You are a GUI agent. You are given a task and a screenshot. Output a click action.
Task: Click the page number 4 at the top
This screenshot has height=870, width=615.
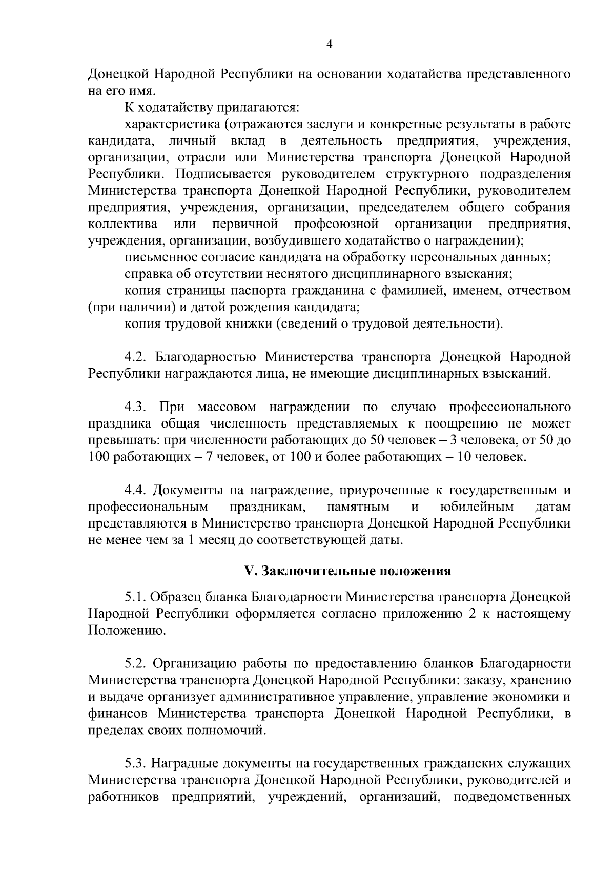(330, 45)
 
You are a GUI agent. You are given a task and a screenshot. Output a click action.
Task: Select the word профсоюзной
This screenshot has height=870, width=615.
(337, 224)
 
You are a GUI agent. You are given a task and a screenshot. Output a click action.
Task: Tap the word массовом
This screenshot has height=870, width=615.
(227, 407)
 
